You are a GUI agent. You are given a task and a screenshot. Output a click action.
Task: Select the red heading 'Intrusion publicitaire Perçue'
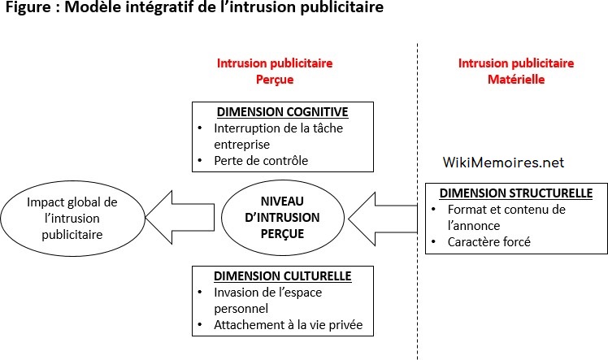275,71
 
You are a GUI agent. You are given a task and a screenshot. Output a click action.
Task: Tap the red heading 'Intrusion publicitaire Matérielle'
516,71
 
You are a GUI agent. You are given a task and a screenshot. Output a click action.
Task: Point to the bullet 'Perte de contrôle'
262,160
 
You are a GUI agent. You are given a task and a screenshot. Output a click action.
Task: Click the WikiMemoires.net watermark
503,163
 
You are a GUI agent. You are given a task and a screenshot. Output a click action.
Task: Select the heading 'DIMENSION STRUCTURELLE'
515,193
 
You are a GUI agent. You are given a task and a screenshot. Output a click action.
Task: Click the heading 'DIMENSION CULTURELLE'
282,276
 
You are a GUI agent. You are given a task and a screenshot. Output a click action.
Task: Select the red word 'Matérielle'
516,80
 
